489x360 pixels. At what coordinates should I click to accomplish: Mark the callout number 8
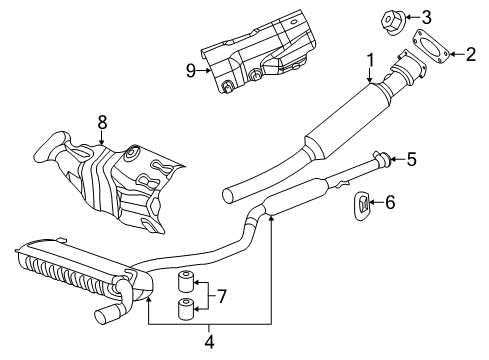coord(102,124)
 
